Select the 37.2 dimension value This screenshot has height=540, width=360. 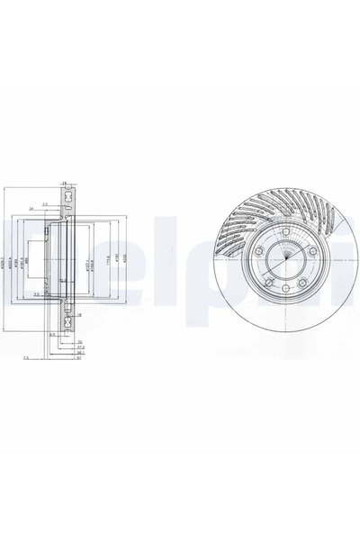pyautogui.click(x=81, y=349)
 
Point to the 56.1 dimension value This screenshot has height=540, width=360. pyautogui.click(x=79, y=355)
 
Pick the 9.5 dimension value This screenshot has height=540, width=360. pyautogui.click(x=53, y=336)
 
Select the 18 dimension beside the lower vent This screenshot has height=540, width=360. pyautogui.click(x=79, y=316)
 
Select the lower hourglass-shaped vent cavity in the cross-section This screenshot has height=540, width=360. pyautogui.click(x=66, y=320)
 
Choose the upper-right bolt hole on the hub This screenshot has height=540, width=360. pyautogui.click(x=307, y=252)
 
